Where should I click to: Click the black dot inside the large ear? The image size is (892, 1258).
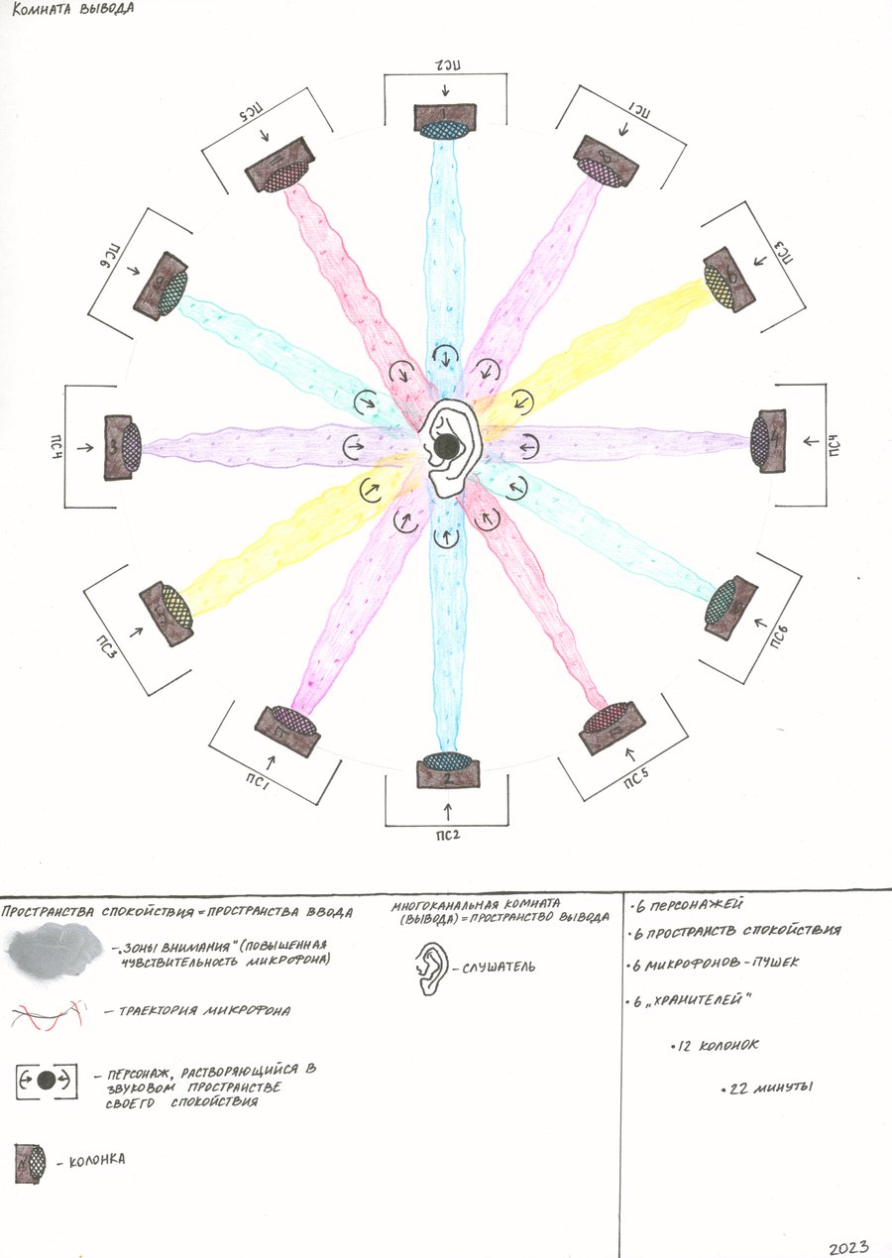point(447,449)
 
